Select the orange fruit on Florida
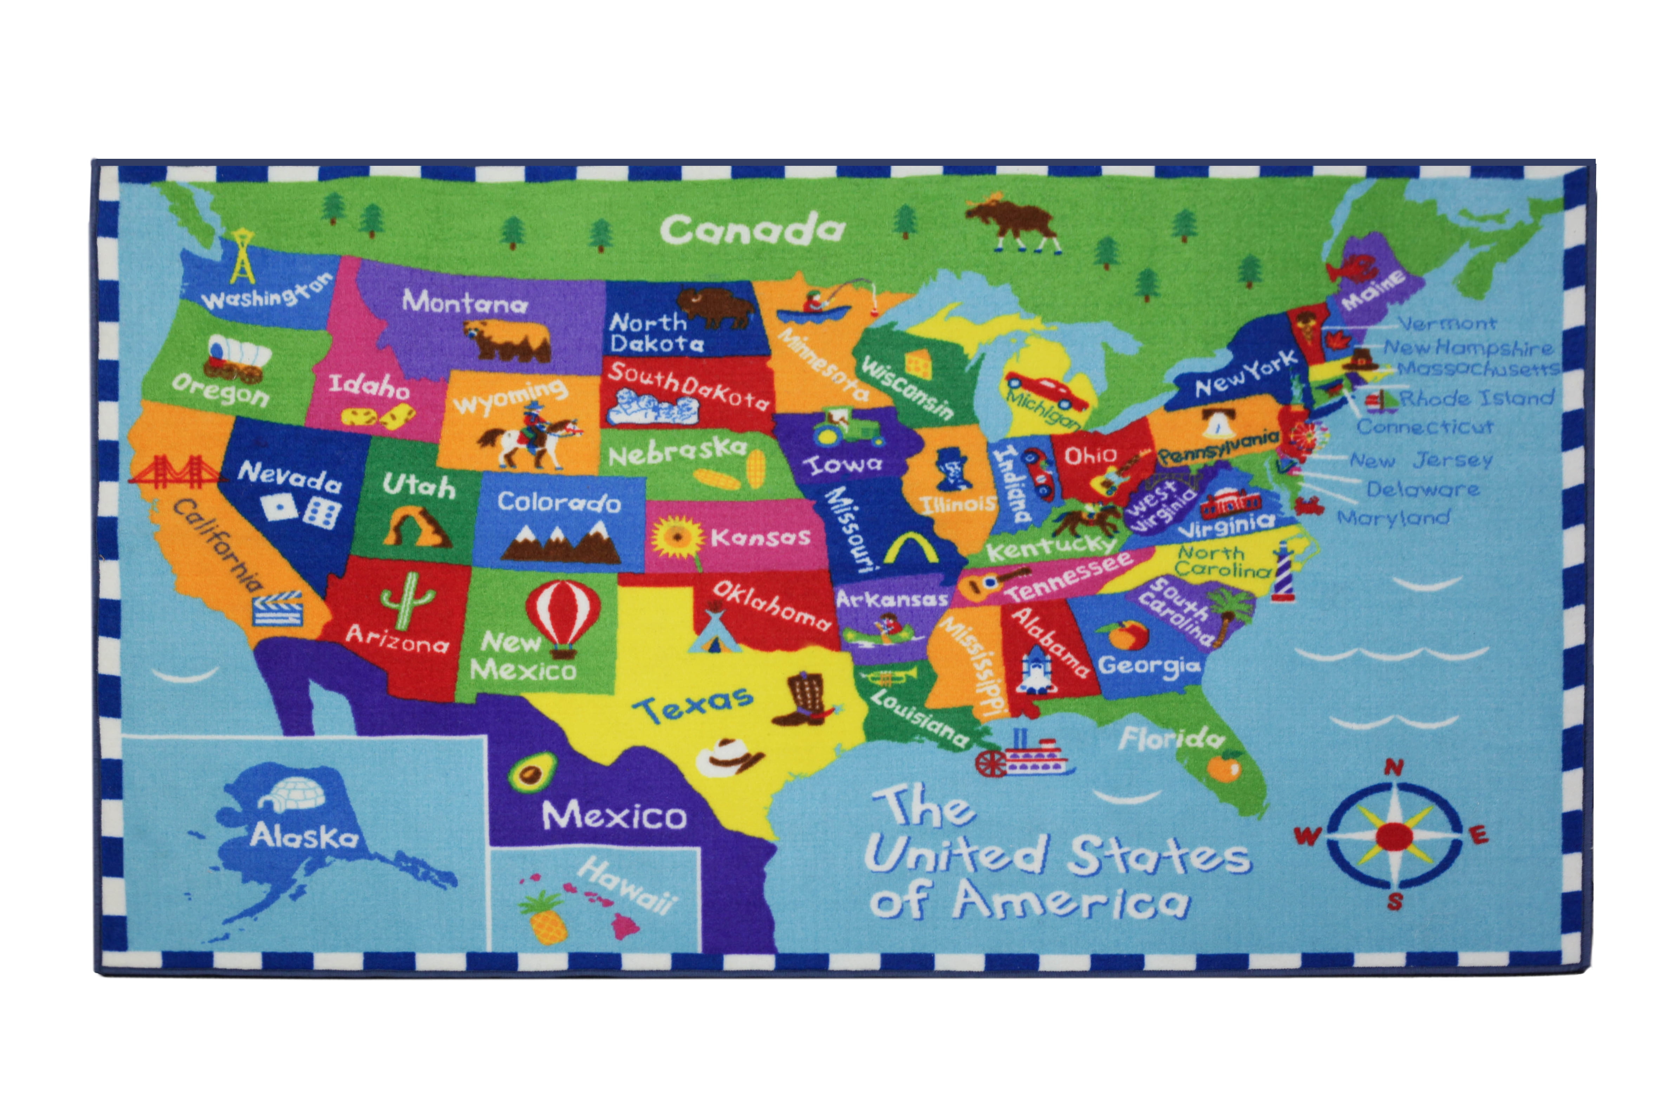(1224, 767)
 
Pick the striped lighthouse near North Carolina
(1282, 571)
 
